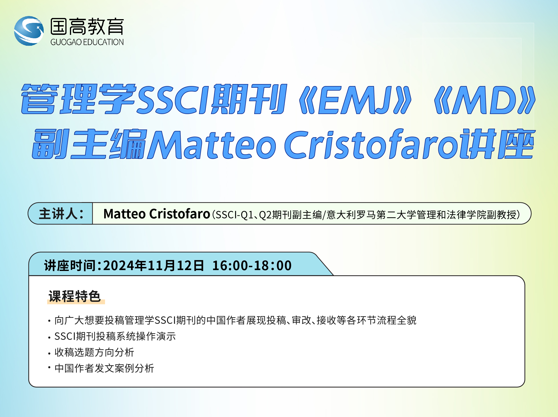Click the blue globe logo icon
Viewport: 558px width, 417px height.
(29, 31)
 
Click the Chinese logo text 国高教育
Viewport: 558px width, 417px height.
(87, 26)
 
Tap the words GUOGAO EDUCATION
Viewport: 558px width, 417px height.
(87, 42)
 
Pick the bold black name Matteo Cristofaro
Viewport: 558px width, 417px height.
(157, 214)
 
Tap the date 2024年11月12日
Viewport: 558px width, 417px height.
(154, 266)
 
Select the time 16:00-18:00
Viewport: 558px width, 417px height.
(252, 266)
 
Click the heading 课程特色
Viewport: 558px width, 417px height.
(75, 296)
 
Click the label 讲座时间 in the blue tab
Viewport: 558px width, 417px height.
(70, 266)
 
